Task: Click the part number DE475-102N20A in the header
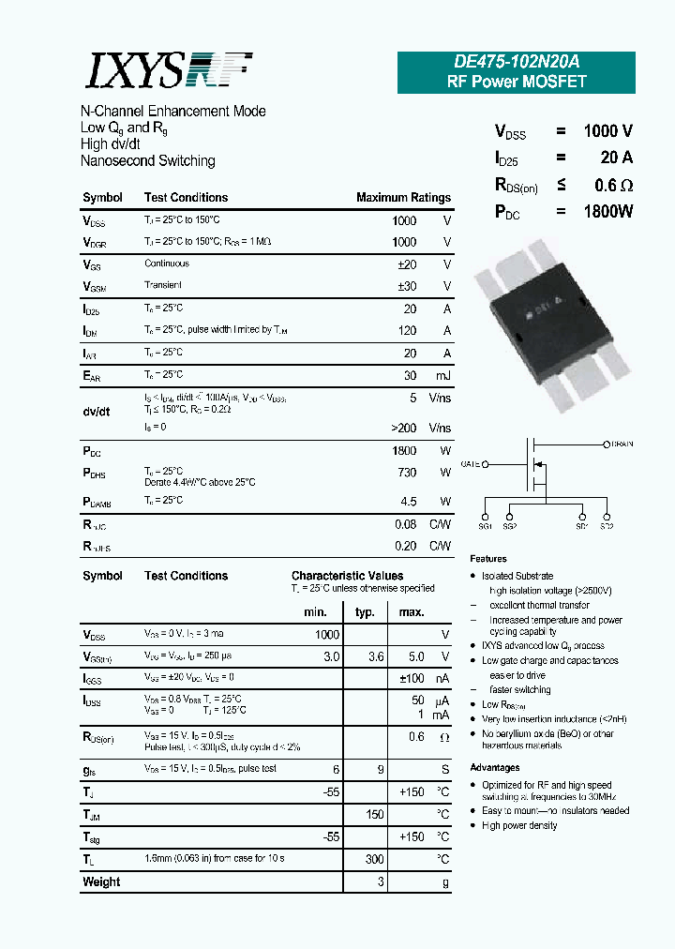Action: point(517,62)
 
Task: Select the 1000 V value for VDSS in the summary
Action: point(607,131)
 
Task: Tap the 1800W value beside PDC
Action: point(607,212)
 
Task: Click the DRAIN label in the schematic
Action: point(622,444)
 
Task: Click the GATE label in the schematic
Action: point(471,463)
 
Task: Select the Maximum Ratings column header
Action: point(403,198)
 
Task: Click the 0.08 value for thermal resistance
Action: point(405,524)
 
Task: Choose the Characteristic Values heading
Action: point(347,576)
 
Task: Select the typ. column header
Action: point(365,612)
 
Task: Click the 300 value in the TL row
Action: point(375,859)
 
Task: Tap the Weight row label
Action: point(101,881)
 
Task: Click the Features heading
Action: point(488,559)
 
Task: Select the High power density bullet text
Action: point(519,825)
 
